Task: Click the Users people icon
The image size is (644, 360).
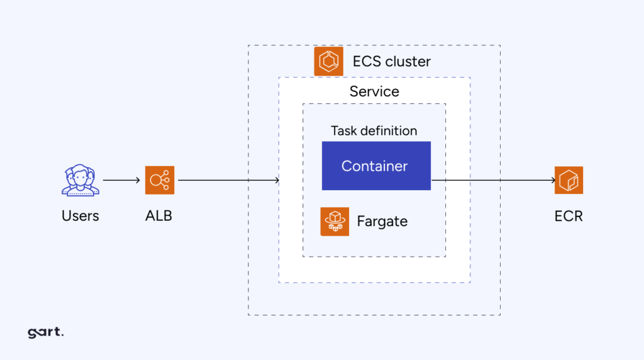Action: [80, 181]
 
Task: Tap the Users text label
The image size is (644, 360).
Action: [80, 216]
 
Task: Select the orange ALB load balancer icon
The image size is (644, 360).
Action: [160, 181]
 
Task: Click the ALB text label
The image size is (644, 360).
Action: [158, 216]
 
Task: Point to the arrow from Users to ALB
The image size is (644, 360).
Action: [121, 181]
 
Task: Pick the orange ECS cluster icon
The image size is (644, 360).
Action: [328, 62]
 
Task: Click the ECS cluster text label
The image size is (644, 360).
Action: [391, 62]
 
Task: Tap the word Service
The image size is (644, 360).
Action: [374, 91]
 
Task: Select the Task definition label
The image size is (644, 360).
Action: [374, 131]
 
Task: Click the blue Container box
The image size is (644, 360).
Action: [376, 166]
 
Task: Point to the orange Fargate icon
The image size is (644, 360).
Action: [335, 222]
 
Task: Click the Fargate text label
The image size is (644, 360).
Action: [382, 222]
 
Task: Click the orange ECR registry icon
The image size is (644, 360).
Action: [569, 181]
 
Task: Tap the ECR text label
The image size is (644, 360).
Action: [569, 216]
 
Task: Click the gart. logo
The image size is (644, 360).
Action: [45, 332]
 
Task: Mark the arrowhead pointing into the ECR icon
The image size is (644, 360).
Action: [552, 181]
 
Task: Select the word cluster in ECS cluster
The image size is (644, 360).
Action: [408, 62]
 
